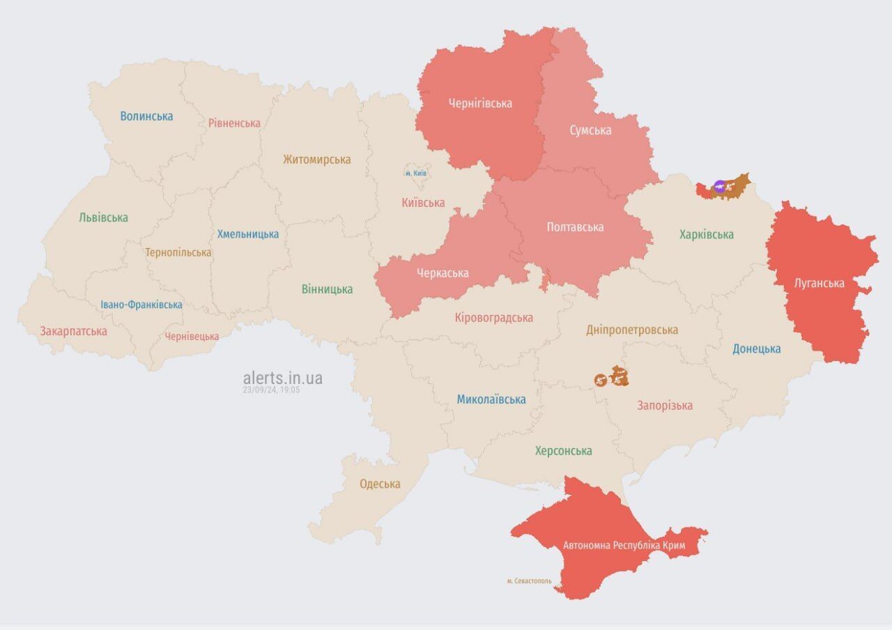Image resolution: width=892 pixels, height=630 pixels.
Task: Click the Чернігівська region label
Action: (x=480, y=103)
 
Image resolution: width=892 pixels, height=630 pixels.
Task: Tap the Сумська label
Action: (x=590, y=130)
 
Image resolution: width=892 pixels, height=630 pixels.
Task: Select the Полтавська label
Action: (x=575, y=227)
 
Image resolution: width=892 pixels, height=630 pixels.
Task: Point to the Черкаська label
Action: (x=443, y=272)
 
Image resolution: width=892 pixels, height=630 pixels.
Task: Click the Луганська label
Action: (x=819, y=283)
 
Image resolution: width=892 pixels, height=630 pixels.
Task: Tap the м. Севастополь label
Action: (x=529, y=581)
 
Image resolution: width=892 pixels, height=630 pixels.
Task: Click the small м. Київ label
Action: (x=416, y=173)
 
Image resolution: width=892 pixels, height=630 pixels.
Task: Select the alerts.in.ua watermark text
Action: (x=282, y=378)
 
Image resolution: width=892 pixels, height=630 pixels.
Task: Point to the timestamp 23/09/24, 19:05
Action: (x=271, y=390)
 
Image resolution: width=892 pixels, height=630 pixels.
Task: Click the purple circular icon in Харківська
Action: (x=720, y=186)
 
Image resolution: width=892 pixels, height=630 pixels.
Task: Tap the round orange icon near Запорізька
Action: (x=600, y=380)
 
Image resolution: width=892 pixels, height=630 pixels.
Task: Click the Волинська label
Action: (x=146, y=116)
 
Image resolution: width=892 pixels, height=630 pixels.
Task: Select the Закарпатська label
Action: (x=73, y=331)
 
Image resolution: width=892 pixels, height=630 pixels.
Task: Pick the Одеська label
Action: (x=380, y=484)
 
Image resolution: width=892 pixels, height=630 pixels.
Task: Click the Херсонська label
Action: (x=563, y=451)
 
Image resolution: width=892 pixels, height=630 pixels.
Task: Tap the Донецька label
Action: (x=756, y=348)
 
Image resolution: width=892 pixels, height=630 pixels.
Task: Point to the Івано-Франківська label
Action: (x=141, y=305)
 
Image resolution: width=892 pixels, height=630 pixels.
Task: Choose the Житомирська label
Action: (x=316, y=160)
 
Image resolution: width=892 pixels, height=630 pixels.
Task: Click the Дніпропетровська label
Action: (x=631, y=330)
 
